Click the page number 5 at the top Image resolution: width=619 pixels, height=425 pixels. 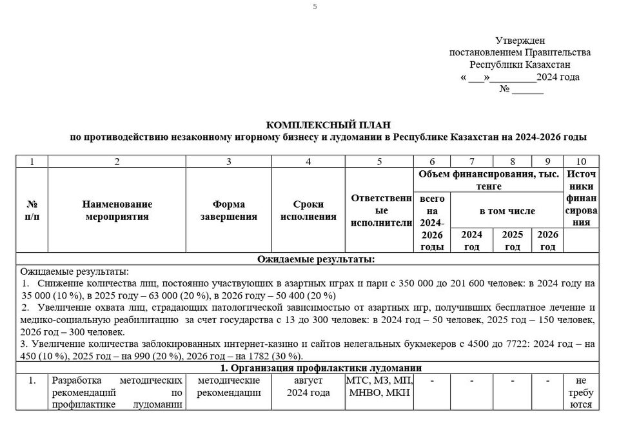315,6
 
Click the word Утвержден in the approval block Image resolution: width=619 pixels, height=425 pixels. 520,41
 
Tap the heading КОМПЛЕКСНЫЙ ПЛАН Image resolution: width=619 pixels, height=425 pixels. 329,124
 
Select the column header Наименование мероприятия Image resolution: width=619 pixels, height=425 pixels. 117,210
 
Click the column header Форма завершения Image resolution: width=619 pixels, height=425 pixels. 229,210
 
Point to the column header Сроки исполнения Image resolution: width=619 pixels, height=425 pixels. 308,210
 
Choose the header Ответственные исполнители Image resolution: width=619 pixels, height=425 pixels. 379,210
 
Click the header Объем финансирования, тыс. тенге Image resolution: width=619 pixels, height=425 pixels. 488,180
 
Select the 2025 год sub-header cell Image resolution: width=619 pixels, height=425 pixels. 513,241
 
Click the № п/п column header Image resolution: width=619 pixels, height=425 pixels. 32,210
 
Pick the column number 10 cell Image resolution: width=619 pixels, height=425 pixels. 581,161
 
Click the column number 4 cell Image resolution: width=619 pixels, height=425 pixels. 308,161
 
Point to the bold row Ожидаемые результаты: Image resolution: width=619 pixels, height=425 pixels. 316,259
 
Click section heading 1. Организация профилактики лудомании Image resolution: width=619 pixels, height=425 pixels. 316,368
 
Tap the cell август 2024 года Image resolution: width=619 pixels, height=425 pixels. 308,387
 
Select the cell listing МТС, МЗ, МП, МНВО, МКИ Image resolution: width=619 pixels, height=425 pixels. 379,387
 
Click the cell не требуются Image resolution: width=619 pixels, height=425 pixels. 581,393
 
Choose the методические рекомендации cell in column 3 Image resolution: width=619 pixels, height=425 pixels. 229,387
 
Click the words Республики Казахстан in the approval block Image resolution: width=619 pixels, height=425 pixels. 520,64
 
